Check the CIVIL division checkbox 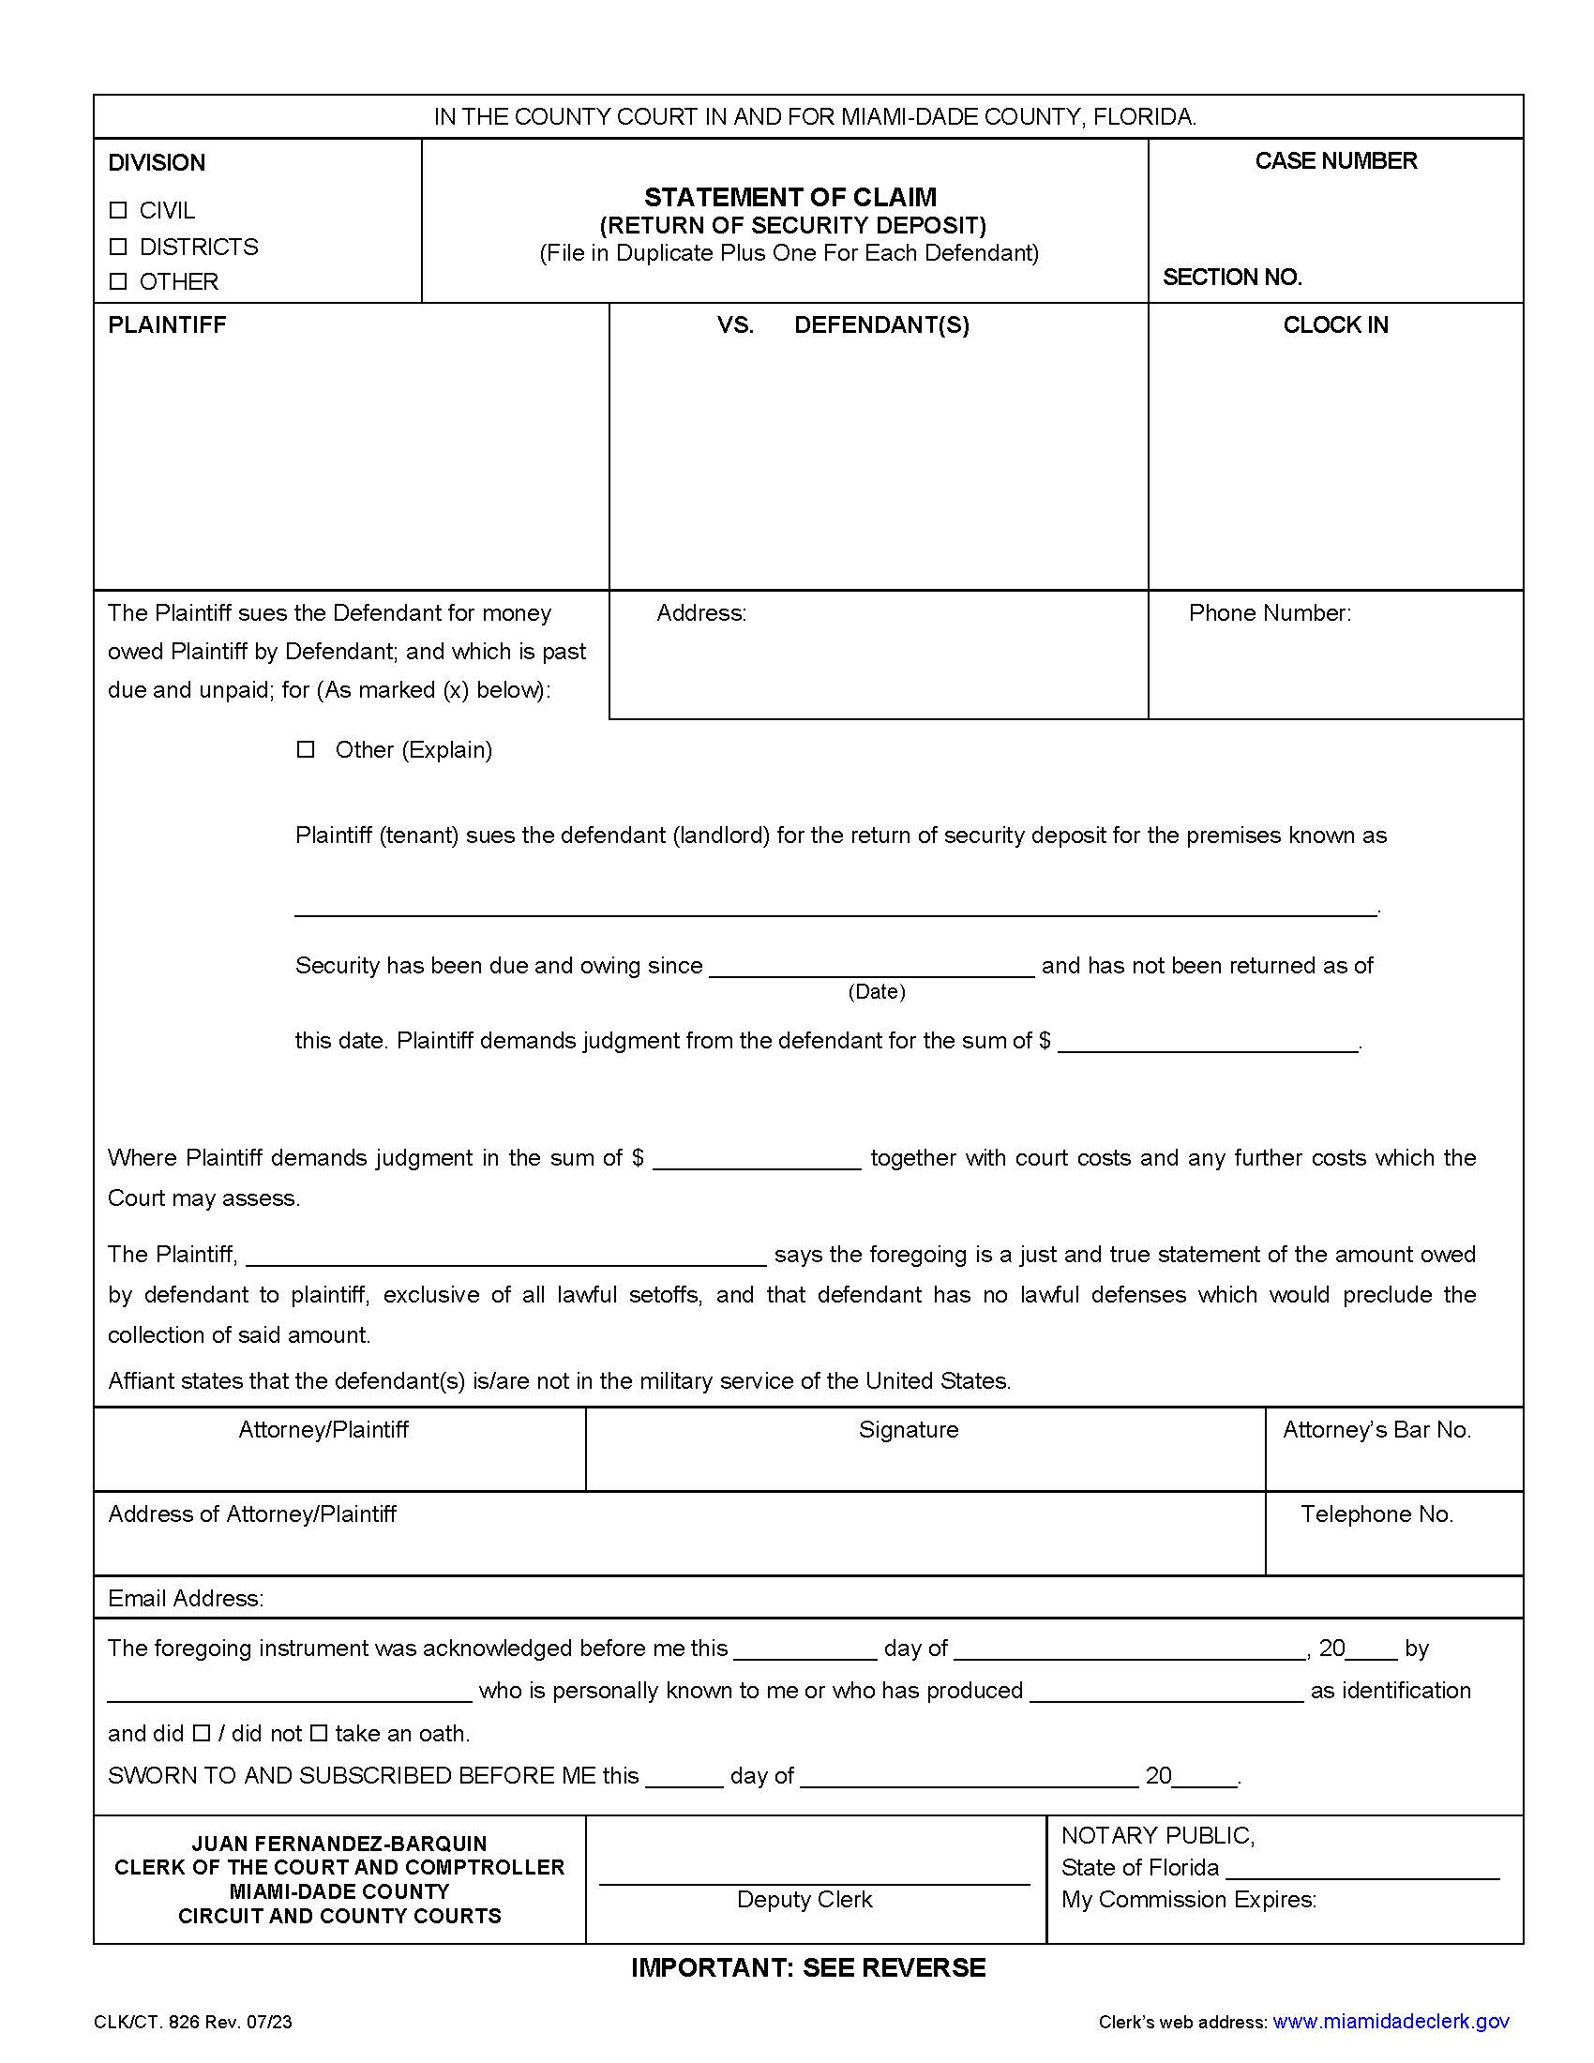pyautogui.click(x=118, y=210)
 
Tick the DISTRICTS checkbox pyautogui.click(x=118, y=247)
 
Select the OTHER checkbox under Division pyautogui.click(x=118, y=281)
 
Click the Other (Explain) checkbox pyautogui.click(x=305, y=749)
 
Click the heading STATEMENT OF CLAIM pyautogui.click(x=789, y=198)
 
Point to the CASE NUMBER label pyautogui.click(x=1335, y=161)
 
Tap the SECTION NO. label pyautogui.click(x=1231, y=278)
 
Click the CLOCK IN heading pyautogui.click(x=1334, y=325)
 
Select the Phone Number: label pyautogui.click(x=1270, y=613)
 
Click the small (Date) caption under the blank pyautogui.click(x=876, y=992)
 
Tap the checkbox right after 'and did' pyautogui.click(x=202, y=1733)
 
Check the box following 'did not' pyautogui.click(x=319, y=1733)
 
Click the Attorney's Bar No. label pyautogui.click(x=1376, y=1430)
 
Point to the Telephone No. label pyautogui.click(x=1376, y=1514)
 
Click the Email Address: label pyautogui.click(x=186, y=1598)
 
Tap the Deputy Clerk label pyautogui.click(x=804, y=1900)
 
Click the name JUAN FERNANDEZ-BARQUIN pyautogui.click(x=339, y=1843)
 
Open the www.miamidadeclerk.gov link pyautogui.click(x=1390, y=2022)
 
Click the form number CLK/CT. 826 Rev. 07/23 pyautogui.click(x=192, y=2023)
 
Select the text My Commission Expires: pyautogui.click(x=1188, y=1900)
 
